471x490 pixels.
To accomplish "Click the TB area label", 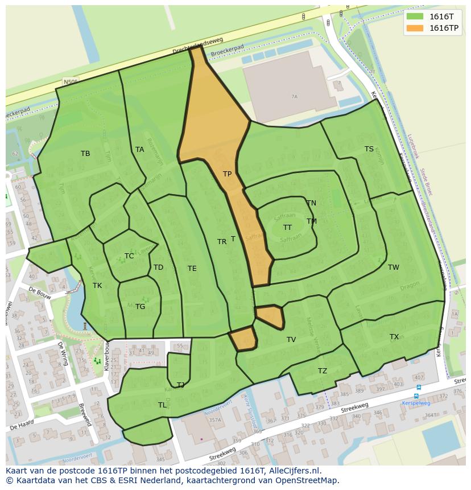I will (x=85, y=154).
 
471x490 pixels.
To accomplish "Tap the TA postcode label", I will (x=140, y=150).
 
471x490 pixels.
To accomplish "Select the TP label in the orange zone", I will (x=227, y=174).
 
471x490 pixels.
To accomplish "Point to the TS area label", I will (x=369, y=149).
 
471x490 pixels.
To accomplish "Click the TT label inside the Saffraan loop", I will (x=288, y=228).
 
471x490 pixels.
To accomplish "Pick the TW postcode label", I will (x=394, y=267).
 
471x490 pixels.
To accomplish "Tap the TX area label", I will (x=394, y=337).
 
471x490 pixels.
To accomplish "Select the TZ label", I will (x=323, y=371).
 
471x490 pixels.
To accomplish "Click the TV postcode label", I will (x=291, y=340).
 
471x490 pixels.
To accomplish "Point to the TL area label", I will (x=163, y=405).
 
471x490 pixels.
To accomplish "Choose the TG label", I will (x=141, y=307).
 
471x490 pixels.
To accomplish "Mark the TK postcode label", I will (x=97, y=286).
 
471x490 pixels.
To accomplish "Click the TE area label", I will (x=192, y=269).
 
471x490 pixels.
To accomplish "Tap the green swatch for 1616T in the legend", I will (x=415, y=17).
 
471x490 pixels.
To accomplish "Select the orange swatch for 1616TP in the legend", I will (x=415, y=28).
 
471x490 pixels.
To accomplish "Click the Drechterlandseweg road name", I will (x=198, y=47).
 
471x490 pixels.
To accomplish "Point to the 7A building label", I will (x=294, y=97).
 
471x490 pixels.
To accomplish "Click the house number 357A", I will (x=214, y=421).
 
